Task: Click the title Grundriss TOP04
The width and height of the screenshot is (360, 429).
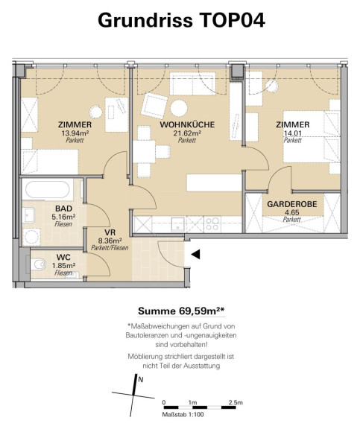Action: tap(182, 20)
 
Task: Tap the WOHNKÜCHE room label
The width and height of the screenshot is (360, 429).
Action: tap(187, 125)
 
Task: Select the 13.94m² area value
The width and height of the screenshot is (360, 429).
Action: tap(75, 133)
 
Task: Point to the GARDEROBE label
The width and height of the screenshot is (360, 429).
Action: tap(292, 204)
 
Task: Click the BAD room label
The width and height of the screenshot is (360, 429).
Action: tap(64, 209)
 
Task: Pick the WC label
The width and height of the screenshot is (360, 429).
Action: tap(63, 257)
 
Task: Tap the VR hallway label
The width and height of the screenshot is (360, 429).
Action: tap(110, 232)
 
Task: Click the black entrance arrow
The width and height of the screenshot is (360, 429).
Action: tap(195, 255)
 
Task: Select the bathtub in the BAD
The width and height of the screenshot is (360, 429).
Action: tap(48, 189)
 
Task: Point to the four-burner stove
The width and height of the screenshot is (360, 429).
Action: tap(212, 223)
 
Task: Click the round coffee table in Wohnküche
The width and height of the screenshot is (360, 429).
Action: tap(179, 108)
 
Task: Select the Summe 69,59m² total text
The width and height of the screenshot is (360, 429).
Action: tap(182, 311)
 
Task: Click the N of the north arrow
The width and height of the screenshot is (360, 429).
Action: tap(141, 380)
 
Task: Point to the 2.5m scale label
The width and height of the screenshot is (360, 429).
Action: tap(236, 403)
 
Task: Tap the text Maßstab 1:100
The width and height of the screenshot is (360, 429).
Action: tap(183, 415)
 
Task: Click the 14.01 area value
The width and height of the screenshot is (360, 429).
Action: tap(293, 133)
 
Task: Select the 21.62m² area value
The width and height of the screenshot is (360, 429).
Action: tap(187, 133)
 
